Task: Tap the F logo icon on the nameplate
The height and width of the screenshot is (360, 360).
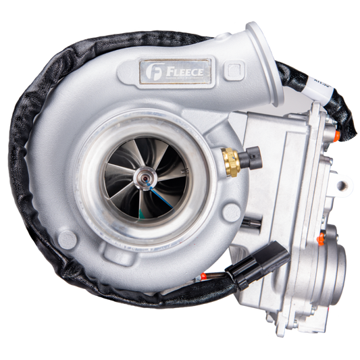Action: tap(152, 69)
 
